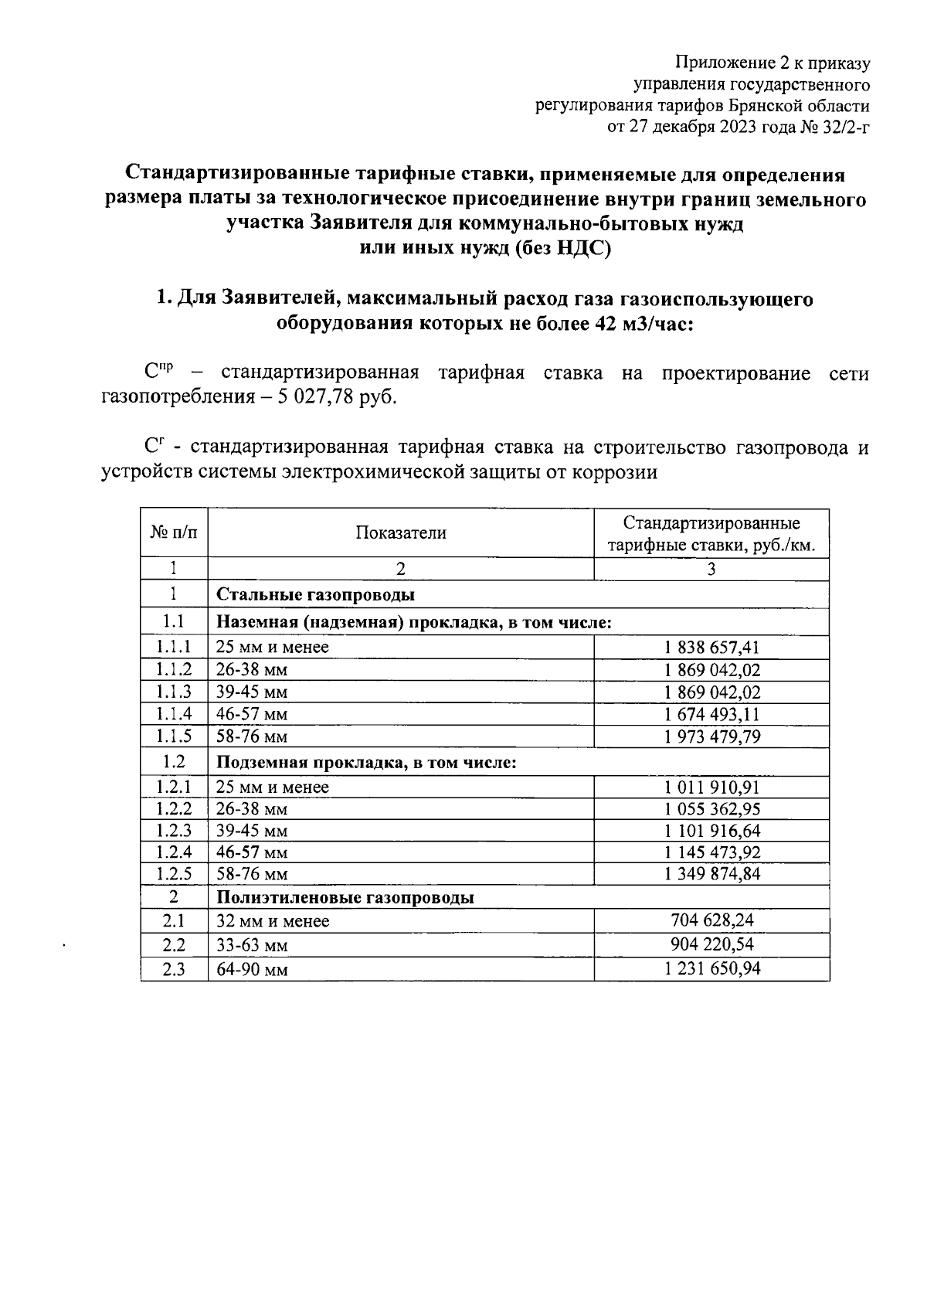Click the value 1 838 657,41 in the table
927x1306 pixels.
pos(711,648)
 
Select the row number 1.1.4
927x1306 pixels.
pos(174,714)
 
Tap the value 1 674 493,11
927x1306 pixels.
pos(711,714)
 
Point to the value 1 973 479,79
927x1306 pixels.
pos(711,736)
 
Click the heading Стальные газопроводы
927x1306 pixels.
pos(315,595)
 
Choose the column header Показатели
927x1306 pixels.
pos(401,532)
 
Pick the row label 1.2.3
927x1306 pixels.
pos(174,831)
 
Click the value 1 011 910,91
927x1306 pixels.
pos(711,787)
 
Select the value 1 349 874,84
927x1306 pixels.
pos(711,874)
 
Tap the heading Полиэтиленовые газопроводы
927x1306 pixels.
pos(345,898)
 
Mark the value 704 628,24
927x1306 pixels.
pos(711,920)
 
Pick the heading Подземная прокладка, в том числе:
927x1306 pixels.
pos(366,763)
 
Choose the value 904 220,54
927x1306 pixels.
pos(711,944)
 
